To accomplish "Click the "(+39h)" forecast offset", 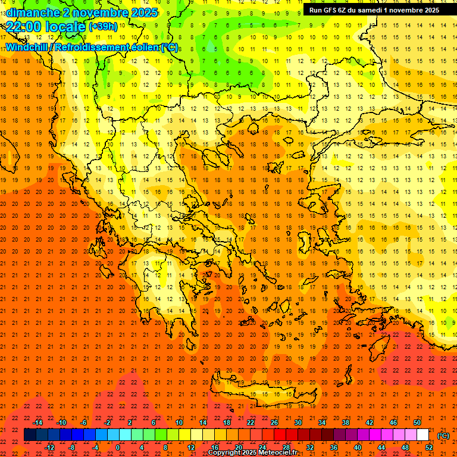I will pyautogui.click(x=103, y=27).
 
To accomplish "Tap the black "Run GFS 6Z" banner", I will pyautogui.click(x=371, y=10).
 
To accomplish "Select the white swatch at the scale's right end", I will pyautogui.click(x=423, y=435).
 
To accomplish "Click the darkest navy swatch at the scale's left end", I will pyautogui.click(x=30, y=435).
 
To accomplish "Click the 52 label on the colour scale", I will pyautogui.click(x=429, y=447).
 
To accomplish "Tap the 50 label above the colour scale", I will pyautogui.click(x=417, y=422).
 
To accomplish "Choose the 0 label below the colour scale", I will pyautogui.click(x=118, y=447).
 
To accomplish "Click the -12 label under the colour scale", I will pyautogui.click(x=49, y=447).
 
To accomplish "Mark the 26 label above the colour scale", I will pyautogui.click(x=274, y=422).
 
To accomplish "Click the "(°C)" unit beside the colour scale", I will pyautogui.click(x=443, y=436).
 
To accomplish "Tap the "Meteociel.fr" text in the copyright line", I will pyautogui.click(x=278, y=453).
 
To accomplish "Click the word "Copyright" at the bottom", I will pyautogui.click(x=225, y=453).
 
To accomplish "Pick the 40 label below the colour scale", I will pyautogui.click(x=358, y=447).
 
